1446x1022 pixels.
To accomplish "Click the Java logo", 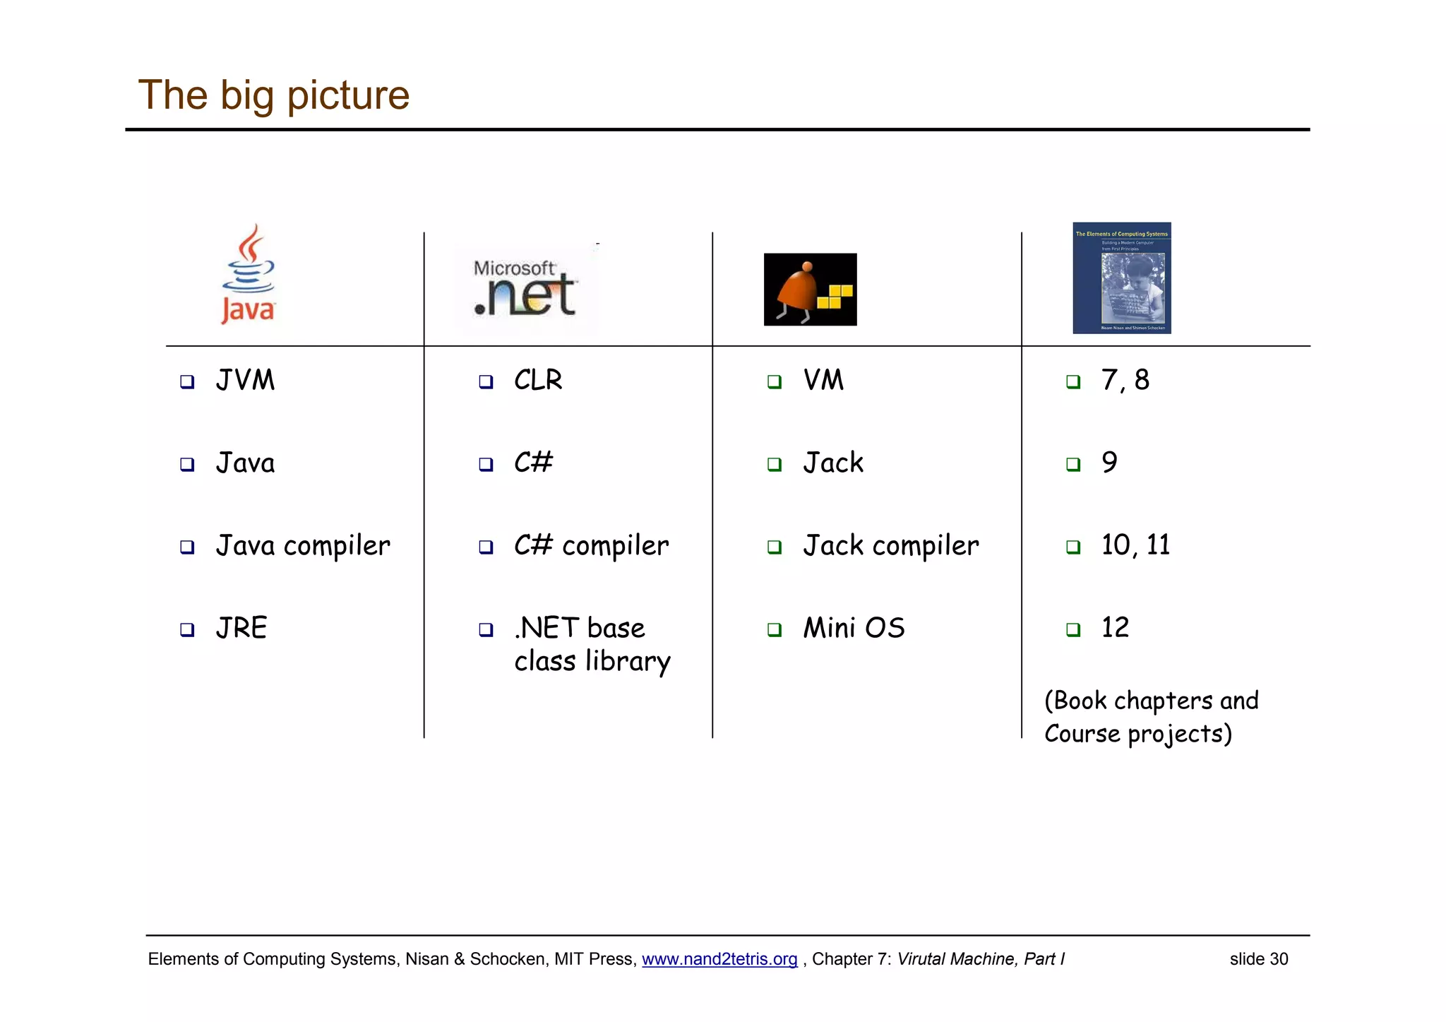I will click(x=248, y=275).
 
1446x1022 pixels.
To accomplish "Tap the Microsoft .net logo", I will click(x=525, y=289).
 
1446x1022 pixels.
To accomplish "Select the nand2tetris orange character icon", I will click(x=810, y=290).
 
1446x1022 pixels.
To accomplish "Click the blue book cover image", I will click(x=1121, y=278).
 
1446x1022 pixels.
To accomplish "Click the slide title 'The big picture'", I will click(x=274, y=95).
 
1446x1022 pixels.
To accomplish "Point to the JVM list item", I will click(x=245, y=381).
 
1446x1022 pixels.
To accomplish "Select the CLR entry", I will click(x=538, y=381).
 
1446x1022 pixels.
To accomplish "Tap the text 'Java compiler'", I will click(x=303, y=546).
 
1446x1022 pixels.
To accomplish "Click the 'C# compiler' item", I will click(x=591, y=546).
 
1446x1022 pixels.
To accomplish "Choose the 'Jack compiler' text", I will click(x=891, y=546).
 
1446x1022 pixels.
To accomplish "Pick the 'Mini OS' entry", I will click(x=854, y=628).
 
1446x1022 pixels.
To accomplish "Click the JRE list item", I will click(x=241, y=628).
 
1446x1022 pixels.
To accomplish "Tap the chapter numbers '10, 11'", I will click(x=1135, y=545).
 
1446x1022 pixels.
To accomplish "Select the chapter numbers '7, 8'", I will click(x=1125, y=381).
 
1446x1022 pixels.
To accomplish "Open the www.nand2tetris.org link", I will click(x=719, y=959).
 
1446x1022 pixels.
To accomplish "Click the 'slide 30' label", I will click(x=1259, y=959).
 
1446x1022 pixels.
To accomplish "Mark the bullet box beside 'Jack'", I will click(x=775, y=465).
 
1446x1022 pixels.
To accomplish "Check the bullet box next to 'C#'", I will click(x=486, y=465).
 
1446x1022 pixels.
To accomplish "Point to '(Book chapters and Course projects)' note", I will click(x=1151, y=717).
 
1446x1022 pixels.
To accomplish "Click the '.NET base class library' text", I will click(x=592, y=644).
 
